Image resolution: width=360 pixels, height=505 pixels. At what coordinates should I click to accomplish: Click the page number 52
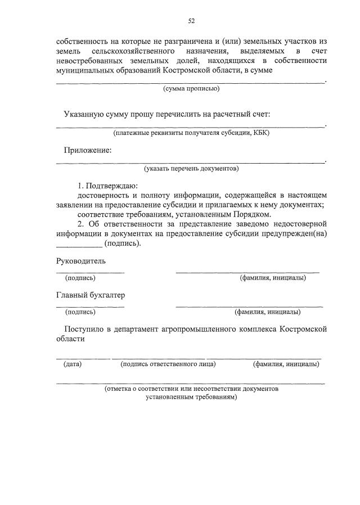(x=191, y=21)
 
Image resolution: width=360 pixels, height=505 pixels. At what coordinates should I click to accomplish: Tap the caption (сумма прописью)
(x=191, y=89)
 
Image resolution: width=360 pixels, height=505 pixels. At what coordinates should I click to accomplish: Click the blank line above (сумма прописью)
(x=191, y=82)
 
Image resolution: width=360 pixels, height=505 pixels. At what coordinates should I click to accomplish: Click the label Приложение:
(x=88, y=150)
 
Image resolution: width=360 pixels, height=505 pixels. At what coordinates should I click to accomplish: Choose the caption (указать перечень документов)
(x=191, y=168)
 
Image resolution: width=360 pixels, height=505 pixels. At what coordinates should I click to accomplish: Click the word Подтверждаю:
(x=112, y=186)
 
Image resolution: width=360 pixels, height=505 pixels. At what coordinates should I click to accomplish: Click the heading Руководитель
(x=81, y=261)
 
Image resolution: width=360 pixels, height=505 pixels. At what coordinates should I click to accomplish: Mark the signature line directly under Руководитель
(x=90, y=272)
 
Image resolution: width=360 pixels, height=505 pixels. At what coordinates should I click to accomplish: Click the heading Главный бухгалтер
(x=91, y=295)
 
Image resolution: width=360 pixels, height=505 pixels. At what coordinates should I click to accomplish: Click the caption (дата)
(x=73, y=364)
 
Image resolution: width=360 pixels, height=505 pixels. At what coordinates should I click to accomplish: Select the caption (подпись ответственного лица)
(x=168, y=364)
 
